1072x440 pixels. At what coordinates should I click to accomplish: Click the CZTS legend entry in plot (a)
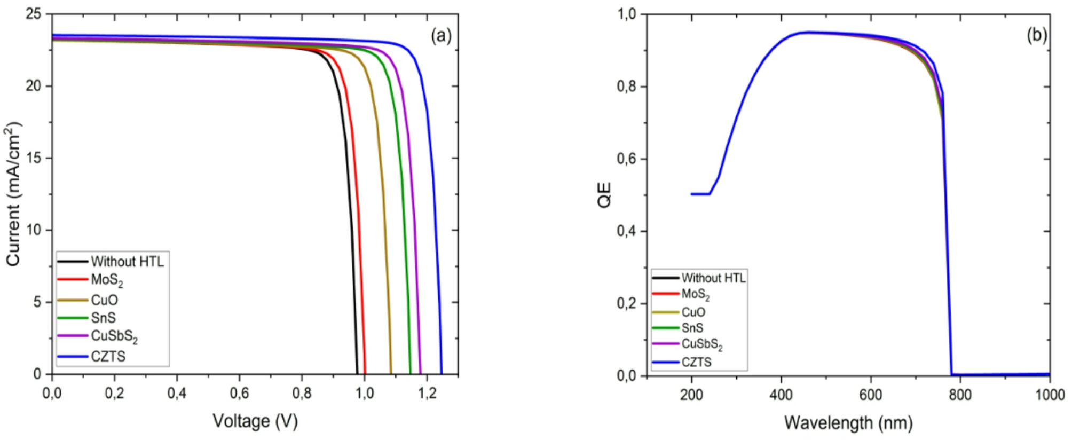[108, 356]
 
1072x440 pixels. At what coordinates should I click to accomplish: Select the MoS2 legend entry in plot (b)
[696, 294]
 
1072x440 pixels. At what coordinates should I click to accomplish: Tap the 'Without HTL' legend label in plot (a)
[127, 262]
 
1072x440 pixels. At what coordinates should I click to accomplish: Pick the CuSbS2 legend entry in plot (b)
[701, 344]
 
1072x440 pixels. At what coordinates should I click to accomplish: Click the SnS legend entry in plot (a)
[103, 318]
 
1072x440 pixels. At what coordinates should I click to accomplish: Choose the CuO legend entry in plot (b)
[693, 312]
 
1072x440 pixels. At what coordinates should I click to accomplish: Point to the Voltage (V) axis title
[255, 421]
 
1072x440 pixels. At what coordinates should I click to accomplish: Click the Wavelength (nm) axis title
[848, 423]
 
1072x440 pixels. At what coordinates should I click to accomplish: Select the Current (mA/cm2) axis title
[14, 194]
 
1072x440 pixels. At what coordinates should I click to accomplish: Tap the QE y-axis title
[604, 194]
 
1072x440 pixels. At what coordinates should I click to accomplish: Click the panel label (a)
[441, 36]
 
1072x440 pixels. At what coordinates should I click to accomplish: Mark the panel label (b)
[1036, 35]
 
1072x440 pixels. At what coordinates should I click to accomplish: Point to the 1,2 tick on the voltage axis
[427, 394]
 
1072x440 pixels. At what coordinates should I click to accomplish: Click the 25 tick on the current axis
[33, 14]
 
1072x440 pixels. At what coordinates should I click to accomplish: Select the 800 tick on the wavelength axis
[960, 395]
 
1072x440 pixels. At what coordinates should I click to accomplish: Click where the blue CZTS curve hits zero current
[442, 373]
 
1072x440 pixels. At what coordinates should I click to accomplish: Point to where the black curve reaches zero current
[357, 373]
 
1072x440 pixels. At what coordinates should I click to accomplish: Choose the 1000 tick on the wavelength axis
[1050, 395]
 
